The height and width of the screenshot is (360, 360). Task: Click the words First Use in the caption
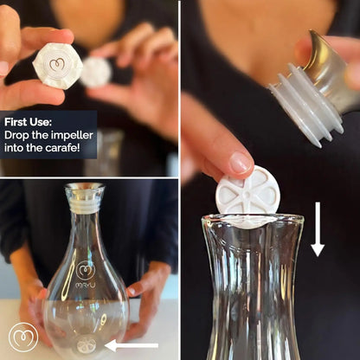coord(26,123)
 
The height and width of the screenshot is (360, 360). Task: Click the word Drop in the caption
coord(18,135)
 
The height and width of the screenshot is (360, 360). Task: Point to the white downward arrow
coord(318,229)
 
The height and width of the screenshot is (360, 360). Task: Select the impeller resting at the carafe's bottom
coord(86,344)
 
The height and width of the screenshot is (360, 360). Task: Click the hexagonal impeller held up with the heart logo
coord(57,65)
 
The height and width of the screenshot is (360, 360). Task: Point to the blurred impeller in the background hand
coord(96,71)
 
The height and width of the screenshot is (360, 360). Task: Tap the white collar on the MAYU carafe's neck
coord(85,208)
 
